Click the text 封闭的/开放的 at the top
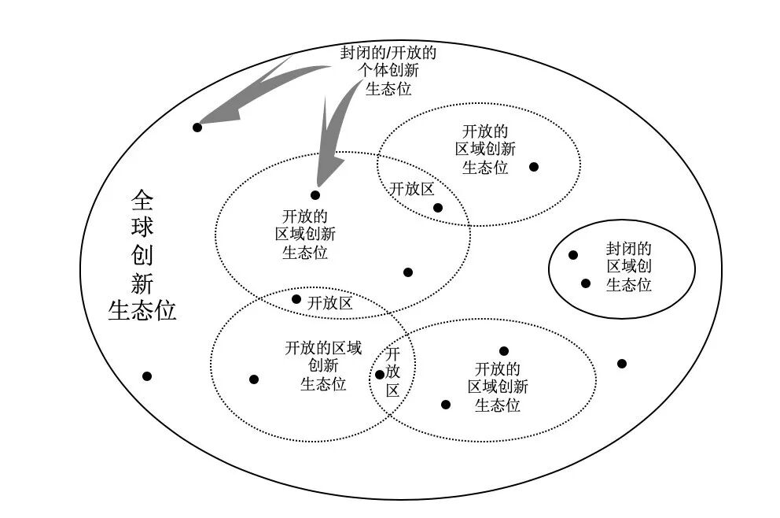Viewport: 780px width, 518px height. coord(388,54)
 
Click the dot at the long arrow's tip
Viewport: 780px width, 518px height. coord(197,127)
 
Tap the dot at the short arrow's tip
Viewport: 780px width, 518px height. coord(315,195)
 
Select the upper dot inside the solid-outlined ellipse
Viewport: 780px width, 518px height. coord(573,255)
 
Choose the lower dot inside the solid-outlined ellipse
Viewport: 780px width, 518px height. coord(586,283)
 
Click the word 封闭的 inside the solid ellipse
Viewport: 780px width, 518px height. coord(629,248)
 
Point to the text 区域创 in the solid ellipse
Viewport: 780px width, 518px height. coord(629,266)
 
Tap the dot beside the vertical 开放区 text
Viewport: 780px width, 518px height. coord(380,375)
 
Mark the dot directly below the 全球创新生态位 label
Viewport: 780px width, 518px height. coord(147,376)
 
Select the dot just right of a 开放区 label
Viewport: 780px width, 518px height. coord(438,208)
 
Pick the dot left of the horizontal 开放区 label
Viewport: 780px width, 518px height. coord(296,299)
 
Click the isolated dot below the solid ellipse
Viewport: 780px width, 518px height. coord(622,364)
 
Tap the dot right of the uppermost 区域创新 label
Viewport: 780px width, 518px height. coord(534,167)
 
